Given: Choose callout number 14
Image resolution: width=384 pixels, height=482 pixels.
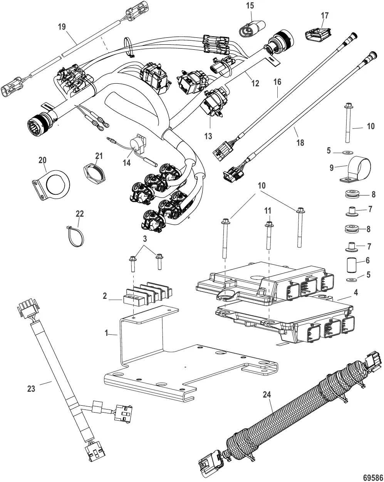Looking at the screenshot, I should tap(126, 163).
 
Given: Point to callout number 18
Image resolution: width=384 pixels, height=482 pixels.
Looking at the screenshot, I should tap(300, 142).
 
